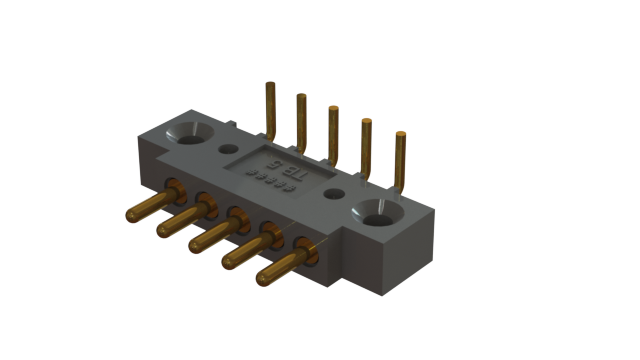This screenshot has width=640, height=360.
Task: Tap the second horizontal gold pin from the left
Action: tap(180, 219)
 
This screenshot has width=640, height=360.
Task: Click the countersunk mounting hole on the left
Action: tap(190, 133)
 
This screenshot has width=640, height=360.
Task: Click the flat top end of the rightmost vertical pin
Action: tap(401, 133)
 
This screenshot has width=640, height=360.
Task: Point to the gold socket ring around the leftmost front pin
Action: tap(173, 190)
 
